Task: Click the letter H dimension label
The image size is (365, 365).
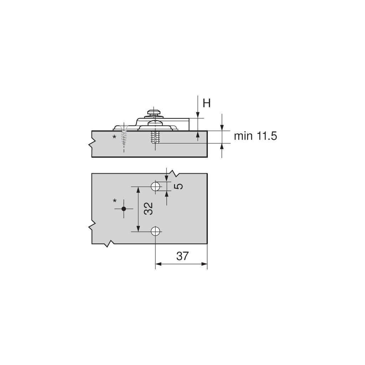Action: click(x=207, y=103)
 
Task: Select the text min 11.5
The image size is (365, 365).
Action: click(x=255, y=136)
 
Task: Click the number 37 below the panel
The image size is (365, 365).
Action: click(x=182, y=256)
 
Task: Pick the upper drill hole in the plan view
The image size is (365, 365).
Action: click(x=155, y=186)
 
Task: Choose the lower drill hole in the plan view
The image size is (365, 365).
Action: click(x=155, y=232)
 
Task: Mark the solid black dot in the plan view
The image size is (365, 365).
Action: click(x=124, y=209)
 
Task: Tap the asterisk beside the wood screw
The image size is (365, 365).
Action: click(x=114, y=137)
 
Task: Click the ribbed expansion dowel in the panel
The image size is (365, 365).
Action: click(x=155, y=137)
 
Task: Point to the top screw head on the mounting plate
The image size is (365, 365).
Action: click(x=154, y=112)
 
